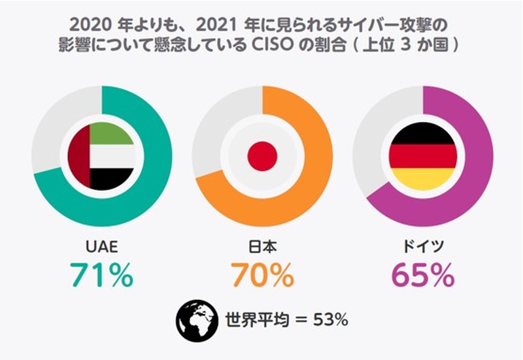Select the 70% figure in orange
coord(262,275)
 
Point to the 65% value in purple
coord(423,275)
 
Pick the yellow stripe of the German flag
coord(423,178)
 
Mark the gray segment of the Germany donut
coord(376,131)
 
